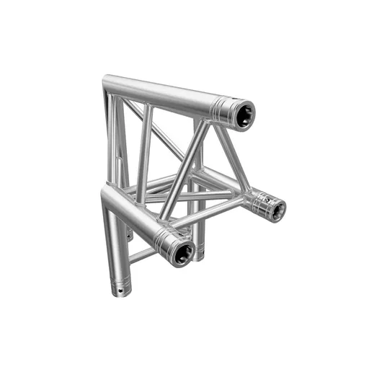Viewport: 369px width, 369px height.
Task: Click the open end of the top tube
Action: click(244, 115)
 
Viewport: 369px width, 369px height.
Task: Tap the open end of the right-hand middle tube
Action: click(275, 208)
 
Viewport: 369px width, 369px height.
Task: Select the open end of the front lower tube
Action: click(183, 252)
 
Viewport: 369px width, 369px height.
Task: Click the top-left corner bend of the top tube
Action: click(110, 84)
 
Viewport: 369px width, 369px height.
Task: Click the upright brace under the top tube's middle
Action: click(145, 151)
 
